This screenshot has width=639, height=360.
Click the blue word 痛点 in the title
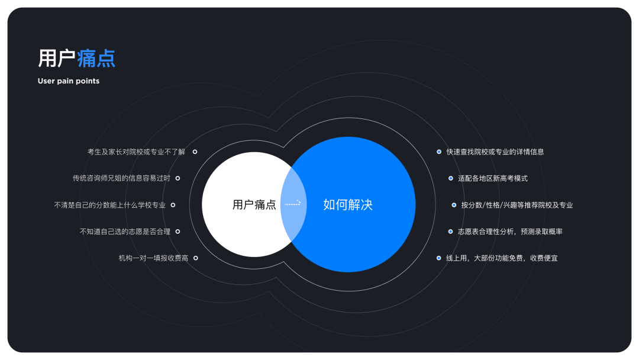tap(96, 59)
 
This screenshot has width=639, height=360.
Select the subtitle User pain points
tap(69, 81)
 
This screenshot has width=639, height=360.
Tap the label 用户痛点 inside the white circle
tap(254, 205)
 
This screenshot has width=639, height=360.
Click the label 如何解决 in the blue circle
tap(348, 205)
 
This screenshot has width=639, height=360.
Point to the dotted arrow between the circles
tap(292, 203)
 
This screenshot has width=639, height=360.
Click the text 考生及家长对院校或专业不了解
tap(136, 152)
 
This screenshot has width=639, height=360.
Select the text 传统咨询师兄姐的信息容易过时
tap(121, 178)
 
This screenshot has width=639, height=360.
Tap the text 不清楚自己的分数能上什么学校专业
tap(109, 205)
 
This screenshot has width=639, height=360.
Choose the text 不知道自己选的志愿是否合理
tap(125, 232)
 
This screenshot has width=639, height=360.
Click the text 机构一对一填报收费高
tap(153, 258)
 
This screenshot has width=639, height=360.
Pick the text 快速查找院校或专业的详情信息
tap(495, 152)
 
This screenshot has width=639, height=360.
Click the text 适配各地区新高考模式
tap(492, 178)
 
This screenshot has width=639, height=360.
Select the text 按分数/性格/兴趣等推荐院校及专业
tap(517, 205)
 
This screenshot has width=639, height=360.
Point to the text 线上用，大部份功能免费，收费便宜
tap(502, 258)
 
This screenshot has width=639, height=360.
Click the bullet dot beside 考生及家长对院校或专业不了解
tap(195, 152)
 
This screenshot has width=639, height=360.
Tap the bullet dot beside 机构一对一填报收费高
tap(195, 258)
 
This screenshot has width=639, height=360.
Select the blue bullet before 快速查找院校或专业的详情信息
tap(438, 152)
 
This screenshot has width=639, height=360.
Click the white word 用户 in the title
tap(57, 59)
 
